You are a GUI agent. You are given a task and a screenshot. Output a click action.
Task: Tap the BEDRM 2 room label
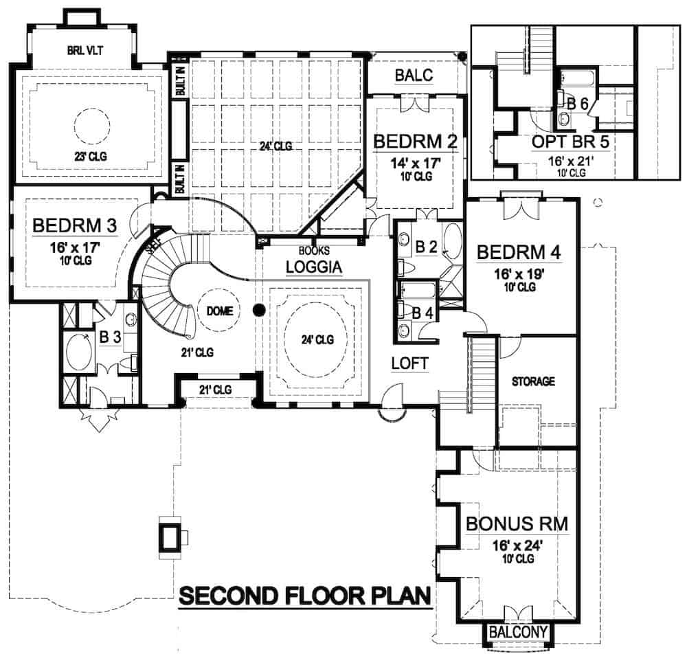(415, 142)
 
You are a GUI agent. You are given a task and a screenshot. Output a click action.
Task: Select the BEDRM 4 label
(519, 251)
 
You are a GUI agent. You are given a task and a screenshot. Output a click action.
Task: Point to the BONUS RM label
(517, 524)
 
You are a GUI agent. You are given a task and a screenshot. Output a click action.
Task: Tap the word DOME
(220, 311)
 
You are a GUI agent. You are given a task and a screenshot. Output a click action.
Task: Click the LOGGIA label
(314, 267)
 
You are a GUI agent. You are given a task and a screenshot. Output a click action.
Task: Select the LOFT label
(410, 362)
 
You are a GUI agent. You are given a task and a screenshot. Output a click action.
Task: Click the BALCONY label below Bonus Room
(518, 631)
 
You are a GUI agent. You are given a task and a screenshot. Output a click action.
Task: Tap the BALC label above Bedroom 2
(414, 76)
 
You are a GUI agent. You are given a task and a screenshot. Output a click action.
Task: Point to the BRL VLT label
(85, 49)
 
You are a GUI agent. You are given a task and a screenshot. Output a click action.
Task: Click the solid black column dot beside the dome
(258, 311)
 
